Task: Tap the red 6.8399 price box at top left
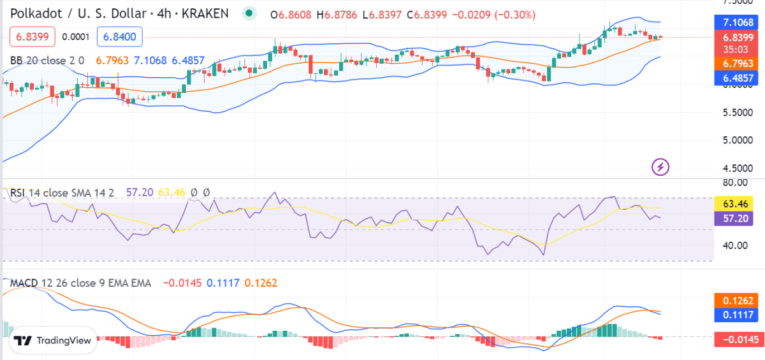[x=33, y=38]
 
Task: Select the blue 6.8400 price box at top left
[x=119, y=38]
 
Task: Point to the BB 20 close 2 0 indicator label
[x=48, y=61]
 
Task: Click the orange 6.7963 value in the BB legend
[x=112, y=61]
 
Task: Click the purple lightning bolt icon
[x=660, y=168]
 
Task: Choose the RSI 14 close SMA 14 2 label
[x=61, y=192]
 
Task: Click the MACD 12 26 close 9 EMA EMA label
[x=80, y=283]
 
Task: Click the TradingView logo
[x=54, y=341]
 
